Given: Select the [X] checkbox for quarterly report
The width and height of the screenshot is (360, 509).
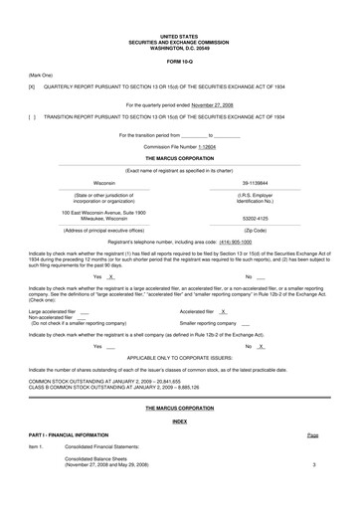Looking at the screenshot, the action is click(x=32, y=86).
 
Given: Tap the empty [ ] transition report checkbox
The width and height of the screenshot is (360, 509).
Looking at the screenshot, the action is click(x=32, y=116).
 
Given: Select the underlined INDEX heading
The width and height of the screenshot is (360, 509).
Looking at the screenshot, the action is click(x=179, y=422).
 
